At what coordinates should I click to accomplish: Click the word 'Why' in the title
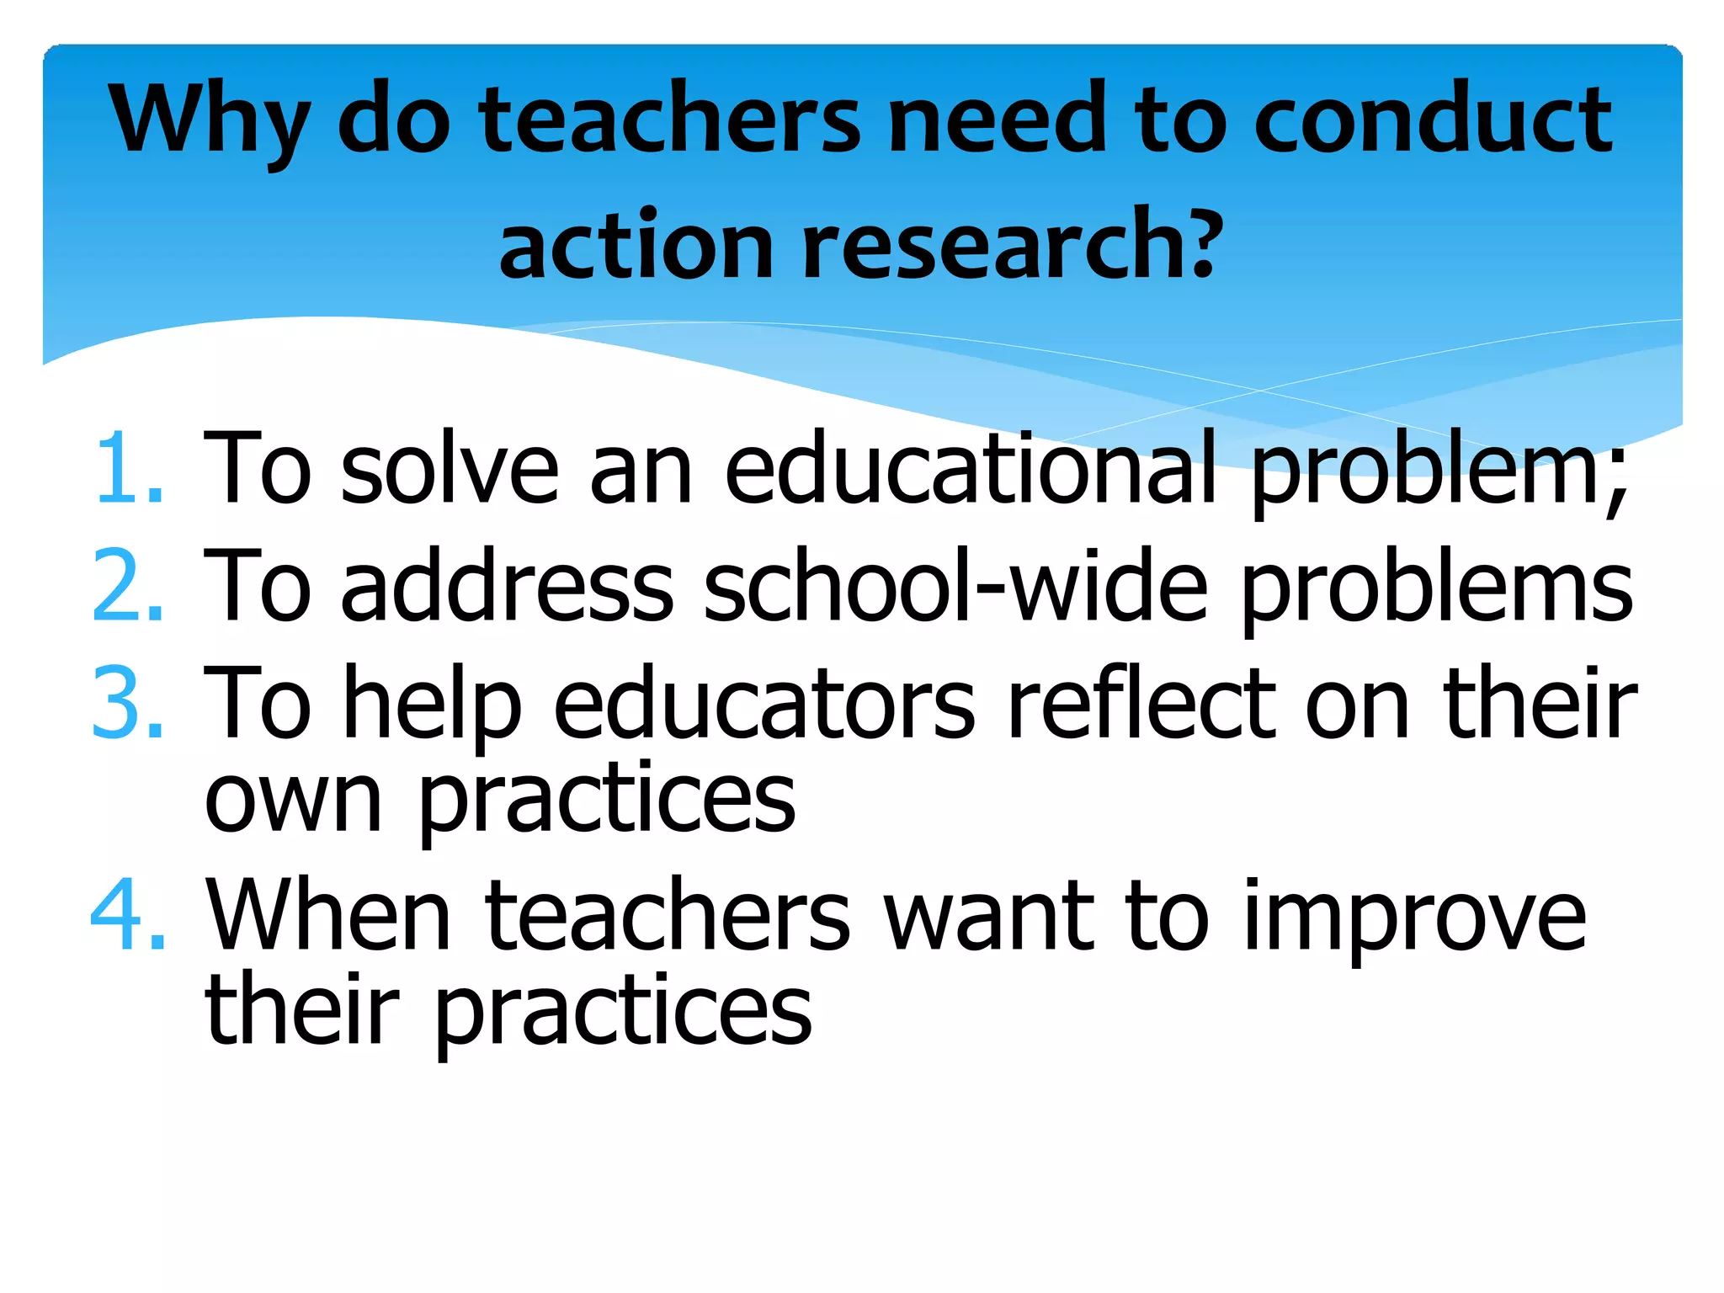tap(210, 120)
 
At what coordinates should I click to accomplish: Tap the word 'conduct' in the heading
tap(1432, 119)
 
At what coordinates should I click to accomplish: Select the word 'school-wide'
tap(955, 586)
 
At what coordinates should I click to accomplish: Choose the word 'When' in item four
tap(328, 915)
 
